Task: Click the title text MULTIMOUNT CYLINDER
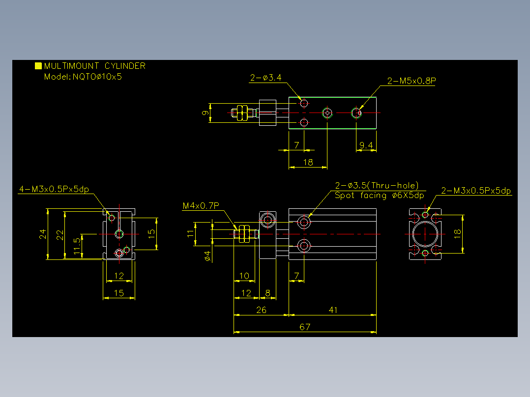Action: (x=94, y=65)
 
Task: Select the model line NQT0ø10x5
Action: (x=97, y=77)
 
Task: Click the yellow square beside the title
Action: (x=38, y=65)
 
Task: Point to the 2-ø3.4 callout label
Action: (x=265, y=78)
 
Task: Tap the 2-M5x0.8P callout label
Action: (x=412, y=81)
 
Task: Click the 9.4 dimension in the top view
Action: (x=366, y=145)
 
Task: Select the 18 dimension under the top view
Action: (x=308, y=163)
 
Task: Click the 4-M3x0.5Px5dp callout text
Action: (x=54, y=189)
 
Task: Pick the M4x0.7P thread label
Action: (x=201, y=205)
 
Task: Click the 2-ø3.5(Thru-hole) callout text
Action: (x=377, y=186)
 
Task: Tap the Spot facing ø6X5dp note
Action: (x=379, y=195)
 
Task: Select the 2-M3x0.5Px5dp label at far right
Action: (x=476, y=191)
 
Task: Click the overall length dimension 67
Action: (x=304, y=327)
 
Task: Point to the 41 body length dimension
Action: (x=333, y=310)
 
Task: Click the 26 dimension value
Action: (x=261, y=310)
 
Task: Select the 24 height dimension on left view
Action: (x=43, y=234)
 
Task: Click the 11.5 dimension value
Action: (x=77, y=246)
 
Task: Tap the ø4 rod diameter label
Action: (x=208, y=256)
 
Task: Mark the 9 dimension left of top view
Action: (x=205, y=113)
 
